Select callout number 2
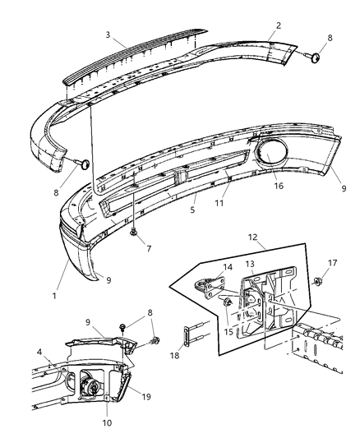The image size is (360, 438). [278, 25]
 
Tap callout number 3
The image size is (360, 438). [108, 35]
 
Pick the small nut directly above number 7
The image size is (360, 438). [133, 233]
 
